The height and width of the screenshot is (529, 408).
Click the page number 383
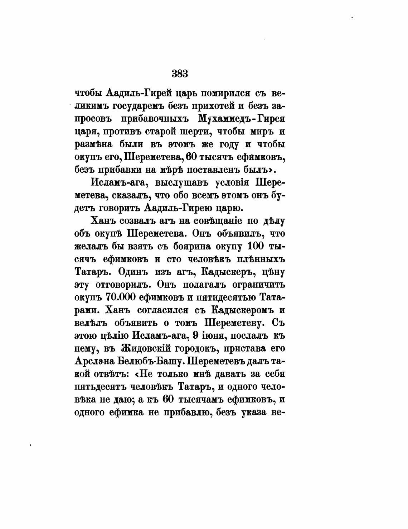tap(180, 74)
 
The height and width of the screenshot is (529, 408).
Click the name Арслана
tap(93, 361)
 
